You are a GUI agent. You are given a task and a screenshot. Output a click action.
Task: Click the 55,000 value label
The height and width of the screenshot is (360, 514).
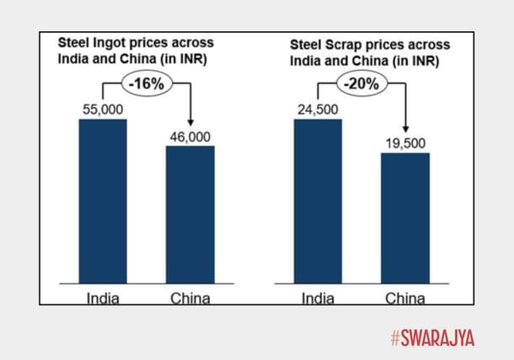(102, 109)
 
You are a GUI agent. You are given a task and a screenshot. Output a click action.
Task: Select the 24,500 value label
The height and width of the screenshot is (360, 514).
(318, 109)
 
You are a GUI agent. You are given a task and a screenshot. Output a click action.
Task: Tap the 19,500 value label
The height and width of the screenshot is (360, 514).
(405, 142)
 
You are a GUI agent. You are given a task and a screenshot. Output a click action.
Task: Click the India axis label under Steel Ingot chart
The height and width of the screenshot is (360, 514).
(102, 298)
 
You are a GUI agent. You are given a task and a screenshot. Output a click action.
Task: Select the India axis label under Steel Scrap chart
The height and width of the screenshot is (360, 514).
(318, 298)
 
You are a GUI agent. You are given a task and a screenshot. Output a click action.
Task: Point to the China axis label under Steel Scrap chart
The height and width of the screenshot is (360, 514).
(405, 298)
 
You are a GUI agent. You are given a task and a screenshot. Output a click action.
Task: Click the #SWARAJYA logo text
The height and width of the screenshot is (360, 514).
(432, 338)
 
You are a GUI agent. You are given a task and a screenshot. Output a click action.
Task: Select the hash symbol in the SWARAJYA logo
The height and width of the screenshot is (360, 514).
(395, 338)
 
